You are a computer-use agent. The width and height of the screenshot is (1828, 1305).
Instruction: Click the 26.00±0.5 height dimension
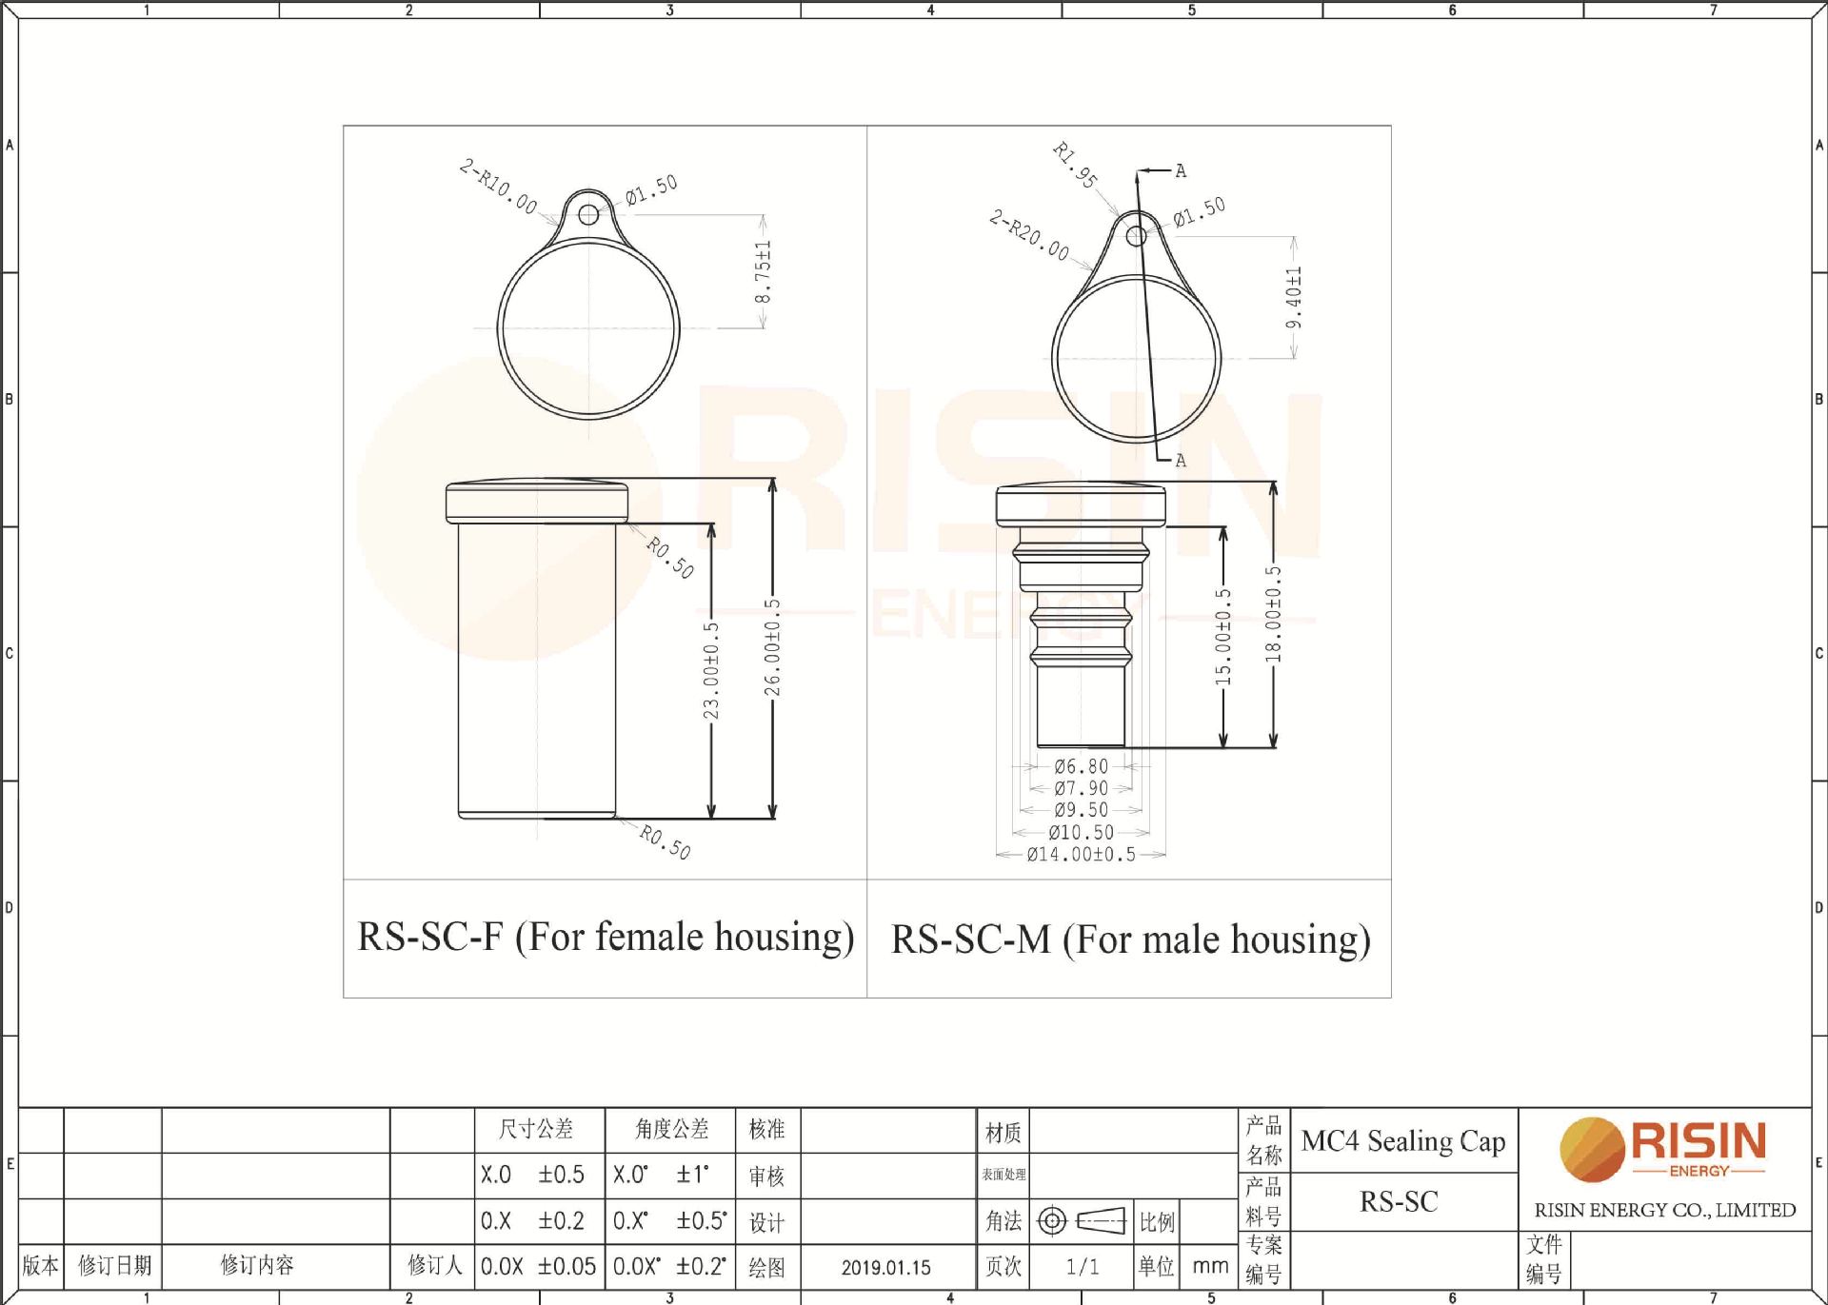772,647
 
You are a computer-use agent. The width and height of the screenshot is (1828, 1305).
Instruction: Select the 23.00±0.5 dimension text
711,670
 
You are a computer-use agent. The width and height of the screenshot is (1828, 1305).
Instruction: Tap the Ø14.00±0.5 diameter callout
1081,855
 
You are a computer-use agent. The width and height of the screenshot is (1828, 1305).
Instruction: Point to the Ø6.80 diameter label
1082,766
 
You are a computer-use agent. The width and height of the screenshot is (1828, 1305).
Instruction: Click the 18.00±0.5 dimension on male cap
1274,615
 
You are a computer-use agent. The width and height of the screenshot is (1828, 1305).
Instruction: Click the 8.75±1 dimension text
763,271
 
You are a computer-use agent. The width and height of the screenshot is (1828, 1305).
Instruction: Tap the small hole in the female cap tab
588,214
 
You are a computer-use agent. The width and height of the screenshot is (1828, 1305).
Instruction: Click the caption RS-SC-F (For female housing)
606,938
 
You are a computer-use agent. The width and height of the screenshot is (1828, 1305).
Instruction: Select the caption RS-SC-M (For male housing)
1130,940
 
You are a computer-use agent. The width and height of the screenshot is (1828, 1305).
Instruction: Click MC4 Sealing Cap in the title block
1403,1140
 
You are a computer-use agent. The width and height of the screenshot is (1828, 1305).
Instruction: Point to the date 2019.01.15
885,1268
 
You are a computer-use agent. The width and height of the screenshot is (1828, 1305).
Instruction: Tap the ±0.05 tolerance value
566,1267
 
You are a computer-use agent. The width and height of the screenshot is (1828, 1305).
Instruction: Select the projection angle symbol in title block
1081,1221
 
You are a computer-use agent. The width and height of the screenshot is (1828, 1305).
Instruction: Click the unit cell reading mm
1210,1267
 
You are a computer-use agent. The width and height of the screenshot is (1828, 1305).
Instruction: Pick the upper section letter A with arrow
1179,171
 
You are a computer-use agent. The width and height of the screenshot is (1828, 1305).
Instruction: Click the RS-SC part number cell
1399,1202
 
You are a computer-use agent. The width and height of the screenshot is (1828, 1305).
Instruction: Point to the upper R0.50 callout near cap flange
670,558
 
